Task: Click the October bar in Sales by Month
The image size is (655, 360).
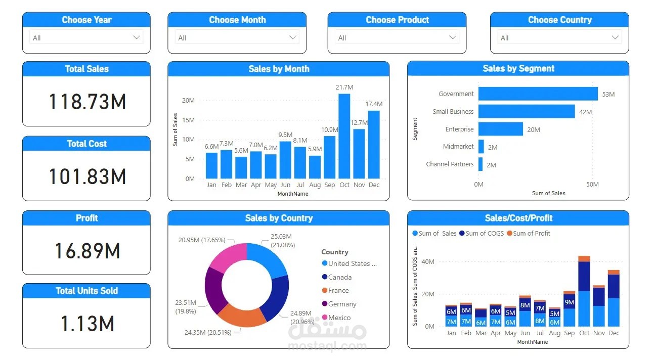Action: [x=344, y=137]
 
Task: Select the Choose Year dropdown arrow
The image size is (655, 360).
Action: [x=136, y=37]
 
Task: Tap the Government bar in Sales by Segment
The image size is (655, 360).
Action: [x=538, y=94]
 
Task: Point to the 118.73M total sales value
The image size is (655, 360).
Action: [x=87, y=102]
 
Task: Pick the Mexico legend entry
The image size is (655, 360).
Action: [x=339, y=318]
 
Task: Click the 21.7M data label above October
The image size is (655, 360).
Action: [x=344, y=87]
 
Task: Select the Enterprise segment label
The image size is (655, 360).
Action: [x=459, y=129]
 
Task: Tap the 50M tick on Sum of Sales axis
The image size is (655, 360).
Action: [x=592, y=185]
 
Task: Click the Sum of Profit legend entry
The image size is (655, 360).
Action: [x=531, y=233]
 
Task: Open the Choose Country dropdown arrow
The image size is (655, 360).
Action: [x=615, y=37]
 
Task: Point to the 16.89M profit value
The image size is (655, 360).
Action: [x=87, y=251]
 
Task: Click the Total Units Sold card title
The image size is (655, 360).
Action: [x=86, y=291]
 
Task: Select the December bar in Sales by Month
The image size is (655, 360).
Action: [x=374, y=145]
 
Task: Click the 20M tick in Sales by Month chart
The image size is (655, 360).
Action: [x=188, y=100]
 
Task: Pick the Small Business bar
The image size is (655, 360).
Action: [x=526, y=112]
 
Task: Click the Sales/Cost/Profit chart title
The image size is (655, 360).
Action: [x=518, y=218]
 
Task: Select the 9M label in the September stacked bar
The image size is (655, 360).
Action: [x=570, y=302]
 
